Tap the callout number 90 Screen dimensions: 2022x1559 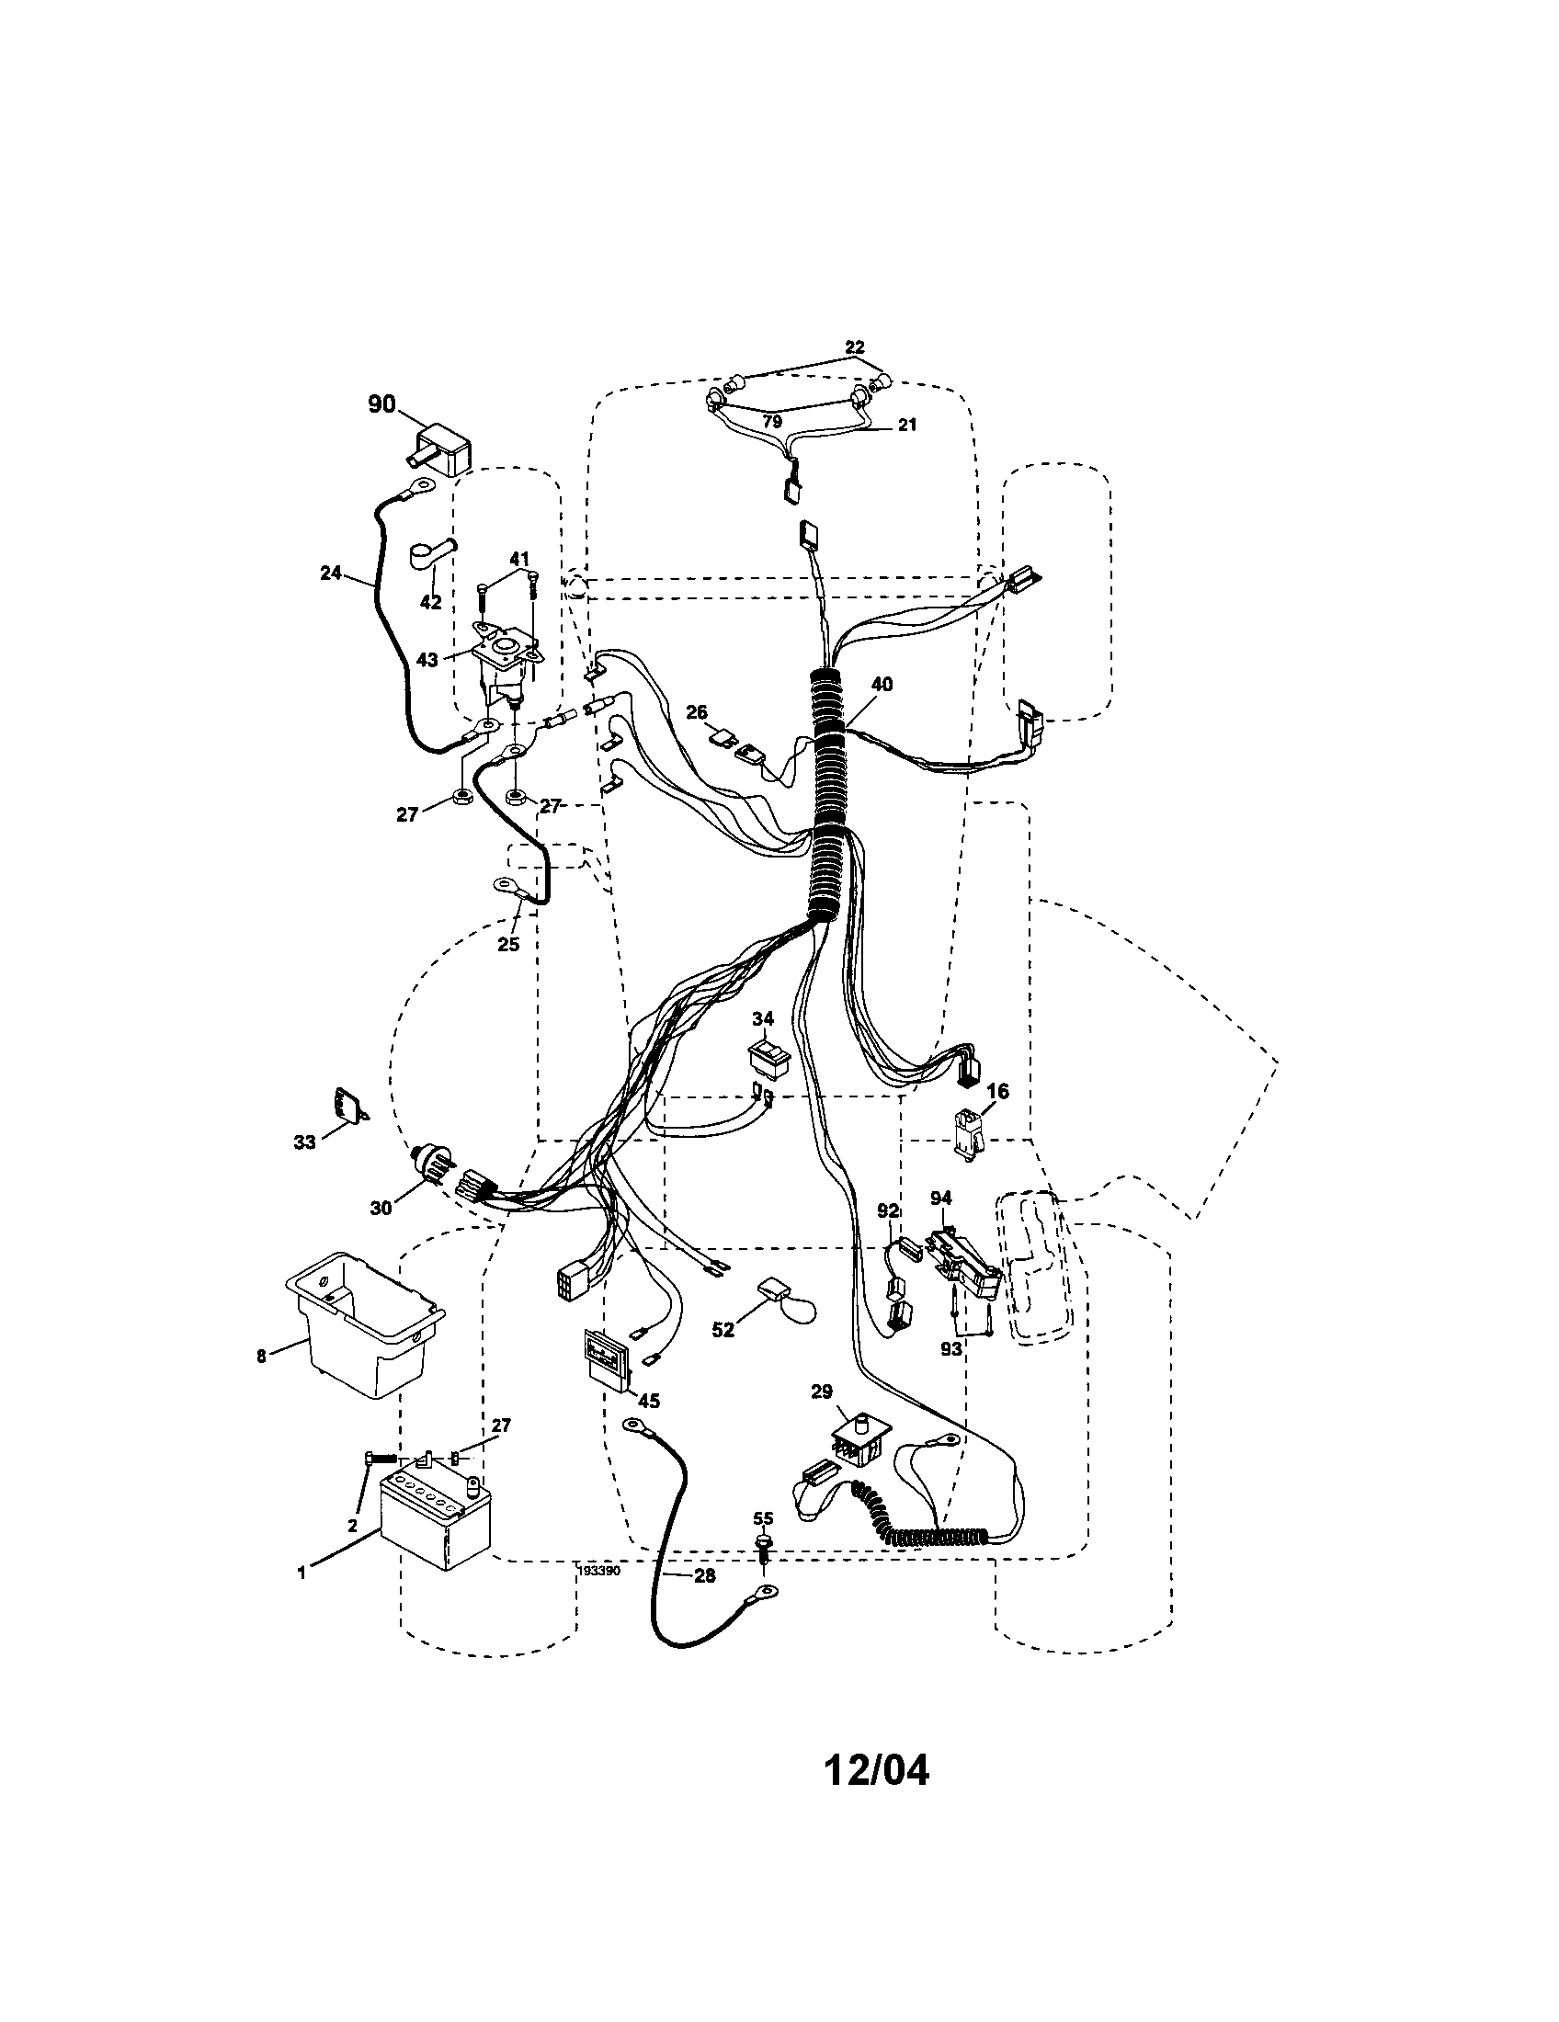(x=381, y=404)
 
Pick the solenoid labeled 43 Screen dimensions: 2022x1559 (x=506, y=666)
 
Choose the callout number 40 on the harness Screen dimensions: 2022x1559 (x=882, y=685)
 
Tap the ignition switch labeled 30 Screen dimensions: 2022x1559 (x=431, y=1167)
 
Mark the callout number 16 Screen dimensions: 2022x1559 (x=997, y=1092)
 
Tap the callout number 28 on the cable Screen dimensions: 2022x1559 (x=704, y=1576)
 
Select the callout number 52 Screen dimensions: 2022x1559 (x=723, y=1330)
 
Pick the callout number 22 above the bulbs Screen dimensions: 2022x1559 (x=855, y=347)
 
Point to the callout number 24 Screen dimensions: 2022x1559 (x=331, y=574)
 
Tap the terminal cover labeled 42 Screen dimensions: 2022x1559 (x=429, y=560)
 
